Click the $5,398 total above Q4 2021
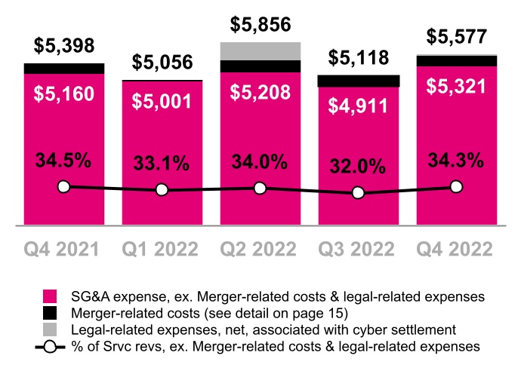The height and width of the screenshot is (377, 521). click(x=64, y=46)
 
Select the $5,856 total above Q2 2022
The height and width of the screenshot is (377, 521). click(x=260, y=25)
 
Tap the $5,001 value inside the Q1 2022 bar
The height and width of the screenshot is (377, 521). click(x=162, y=101)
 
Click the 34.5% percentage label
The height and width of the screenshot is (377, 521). click(x=64, y=161)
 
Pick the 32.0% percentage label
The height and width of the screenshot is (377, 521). click(x=359, y=167)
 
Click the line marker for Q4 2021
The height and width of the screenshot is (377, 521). click(x=64, y=186)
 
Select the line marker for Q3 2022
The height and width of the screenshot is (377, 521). click(x=359, y=194)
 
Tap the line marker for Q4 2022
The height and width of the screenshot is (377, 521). click(x=456, y=186)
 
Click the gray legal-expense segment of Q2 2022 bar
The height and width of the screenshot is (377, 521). click(x=260, y=51)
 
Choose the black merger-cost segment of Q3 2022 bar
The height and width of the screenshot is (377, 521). click(x=359, y=81)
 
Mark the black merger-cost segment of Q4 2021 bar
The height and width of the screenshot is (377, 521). click(x=64, y=69)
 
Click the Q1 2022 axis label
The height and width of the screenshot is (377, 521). click(x=162, y=249)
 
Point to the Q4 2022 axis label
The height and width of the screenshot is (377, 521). click(x=456, y=249)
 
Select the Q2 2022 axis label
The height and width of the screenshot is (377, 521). click(x=260, y=249)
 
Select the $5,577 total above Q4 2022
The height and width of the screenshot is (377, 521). click(x=456, y=36)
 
